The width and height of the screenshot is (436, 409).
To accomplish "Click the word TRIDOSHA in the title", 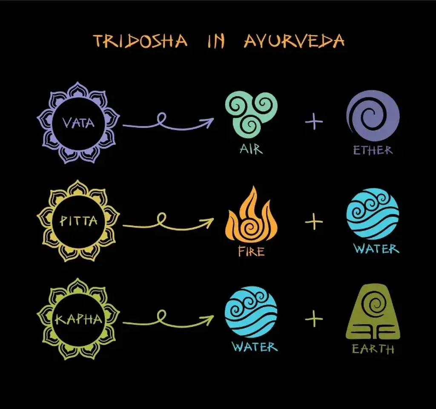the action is [x=140, y=41].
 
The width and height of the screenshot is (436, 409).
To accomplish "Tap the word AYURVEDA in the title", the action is [x=294, y=41].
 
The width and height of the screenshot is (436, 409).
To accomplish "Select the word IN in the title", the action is [x=216, y=41].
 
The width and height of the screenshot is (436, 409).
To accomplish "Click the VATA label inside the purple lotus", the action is [x=78, y=123].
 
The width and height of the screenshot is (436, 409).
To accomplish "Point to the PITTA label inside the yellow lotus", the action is [x=78, y=221].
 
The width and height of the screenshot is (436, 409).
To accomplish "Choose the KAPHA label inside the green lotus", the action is [x=78, y=320].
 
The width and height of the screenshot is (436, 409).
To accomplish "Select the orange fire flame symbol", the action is [x=251, y=214].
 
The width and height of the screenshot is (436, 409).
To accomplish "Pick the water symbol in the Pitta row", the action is [x=373, y=214].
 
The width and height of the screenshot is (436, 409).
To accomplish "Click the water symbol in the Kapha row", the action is [x=251, y=312].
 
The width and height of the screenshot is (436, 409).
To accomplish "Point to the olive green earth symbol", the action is [x=373, y=312].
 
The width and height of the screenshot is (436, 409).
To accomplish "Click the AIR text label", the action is [x=251, y=149].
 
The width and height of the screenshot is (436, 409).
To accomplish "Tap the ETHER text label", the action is [x=373, y=150].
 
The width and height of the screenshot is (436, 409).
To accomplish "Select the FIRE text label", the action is [x=251, y=251].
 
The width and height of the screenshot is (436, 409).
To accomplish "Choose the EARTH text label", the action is [x=373, y=349].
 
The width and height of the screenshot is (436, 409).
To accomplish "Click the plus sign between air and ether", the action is [x=314, y=121].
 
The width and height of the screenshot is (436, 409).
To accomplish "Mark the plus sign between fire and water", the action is [x=314, y=222].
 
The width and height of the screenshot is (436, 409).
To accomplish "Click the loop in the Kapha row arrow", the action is [x=161, y=316].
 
